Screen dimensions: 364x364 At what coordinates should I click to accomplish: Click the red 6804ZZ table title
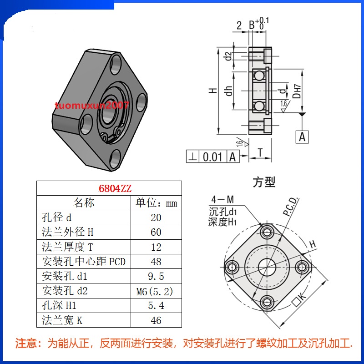click(x=109, y=188)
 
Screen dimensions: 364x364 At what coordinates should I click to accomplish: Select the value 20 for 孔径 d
click(x=156, y=217)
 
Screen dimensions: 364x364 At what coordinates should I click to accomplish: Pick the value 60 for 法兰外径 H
click(x=156, y=232)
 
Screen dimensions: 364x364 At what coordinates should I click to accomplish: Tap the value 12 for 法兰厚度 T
click(x=156, y=247)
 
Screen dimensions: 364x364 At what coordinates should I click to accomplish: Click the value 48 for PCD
click(x=156, y=262)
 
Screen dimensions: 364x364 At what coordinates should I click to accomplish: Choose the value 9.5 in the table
click(x=156, y=276)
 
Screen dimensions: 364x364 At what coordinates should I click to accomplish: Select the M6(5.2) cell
click(x=156, y=291)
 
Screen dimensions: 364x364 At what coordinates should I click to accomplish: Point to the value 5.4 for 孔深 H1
click(x=156, y=306)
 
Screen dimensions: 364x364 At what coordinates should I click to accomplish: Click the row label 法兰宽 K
click(x=62, y=320)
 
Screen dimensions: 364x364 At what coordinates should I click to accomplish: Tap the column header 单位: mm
click(x=156, y=202)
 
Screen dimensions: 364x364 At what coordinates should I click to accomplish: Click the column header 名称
click(x=84, y=202)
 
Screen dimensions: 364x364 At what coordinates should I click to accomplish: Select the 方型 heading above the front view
click(x=264, y=182)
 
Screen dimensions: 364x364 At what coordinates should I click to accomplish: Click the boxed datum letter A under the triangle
click(x=303, y=136)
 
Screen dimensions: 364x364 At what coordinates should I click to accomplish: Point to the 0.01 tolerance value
click(x=212, y=157)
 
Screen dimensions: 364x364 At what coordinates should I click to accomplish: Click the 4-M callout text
click(x=222, y=200)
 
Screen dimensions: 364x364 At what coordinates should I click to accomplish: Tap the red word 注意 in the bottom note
click(x=26, y=343)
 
